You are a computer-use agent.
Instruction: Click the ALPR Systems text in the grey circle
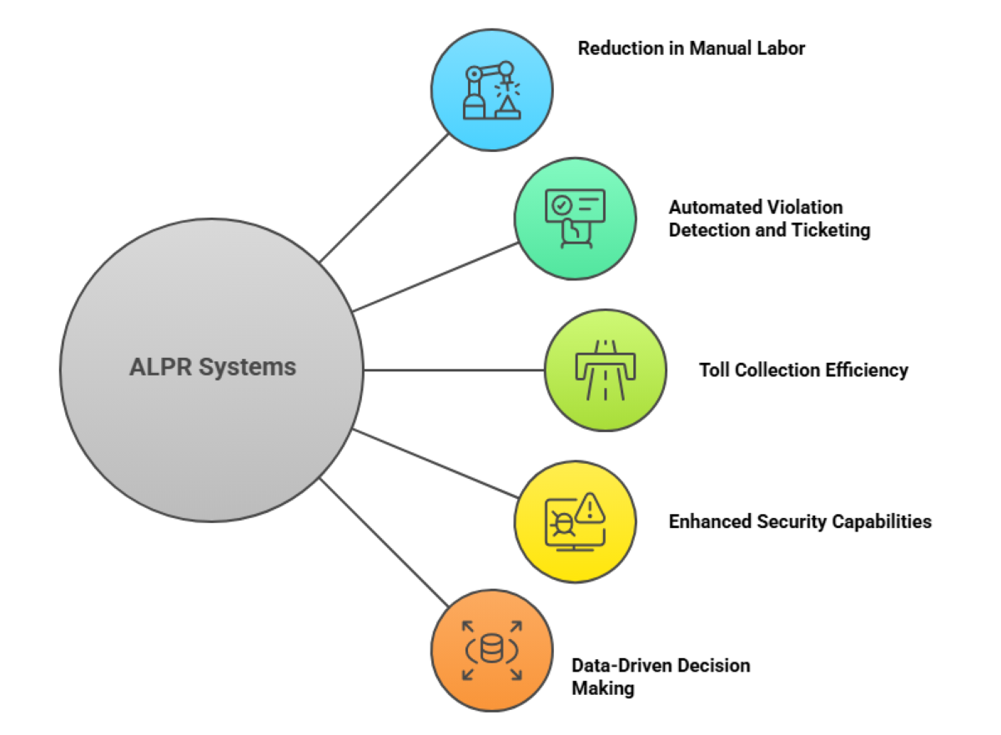coord(213,367)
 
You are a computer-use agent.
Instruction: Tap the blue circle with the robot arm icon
coord(491,90)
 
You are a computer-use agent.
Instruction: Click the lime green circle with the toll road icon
coord(606,370)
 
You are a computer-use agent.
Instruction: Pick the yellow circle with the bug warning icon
coord(574,521)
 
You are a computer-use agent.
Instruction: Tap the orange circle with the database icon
coord(491,650)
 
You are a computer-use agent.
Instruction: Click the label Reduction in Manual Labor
coord(692,48)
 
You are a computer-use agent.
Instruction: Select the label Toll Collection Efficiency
coord(803,370)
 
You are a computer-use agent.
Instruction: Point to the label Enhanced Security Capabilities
coord(800,521)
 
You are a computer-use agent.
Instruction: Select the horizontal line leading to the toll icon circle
coord(455,370)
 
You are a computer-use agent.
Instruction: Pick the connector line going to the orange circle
coord(384,542)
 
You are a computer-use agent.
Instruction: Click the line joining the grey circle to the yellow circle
coord(434,464)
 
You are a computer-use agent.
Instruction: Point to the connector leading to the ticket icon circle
coord(434,277)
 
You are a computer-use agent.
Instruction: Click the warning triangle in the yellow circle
coord(590,506)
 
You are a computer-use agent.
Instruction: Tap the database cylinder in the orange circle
coord(491,649)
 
